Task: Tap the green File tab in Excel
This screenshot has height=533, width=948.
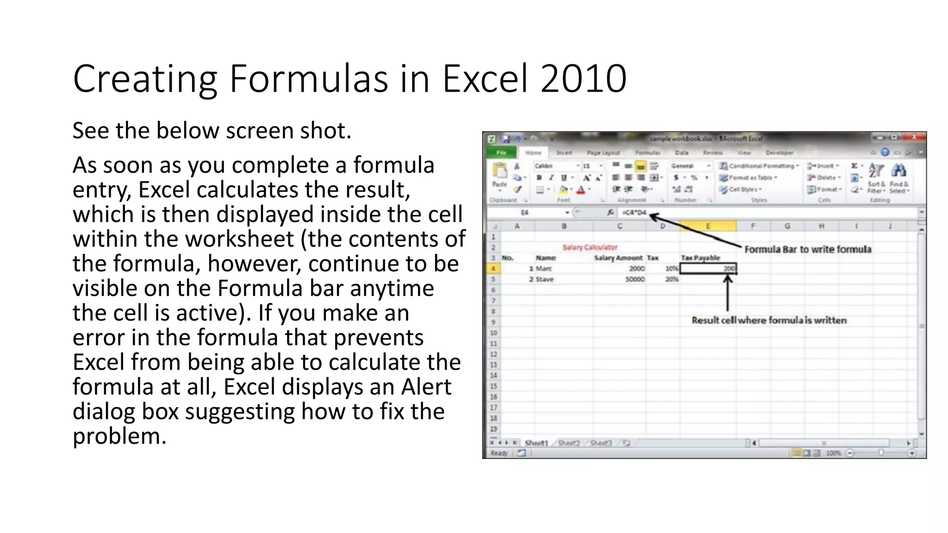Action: click(x=501, y=153)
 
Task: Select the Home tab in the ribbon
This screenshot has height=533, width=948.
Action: click(x=533, y=153)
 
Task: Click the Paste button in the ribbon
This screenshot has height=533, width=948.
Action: click(x=499, y=176)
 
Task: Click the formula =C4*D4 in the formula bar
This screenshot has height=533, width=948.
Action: click(x=634, y=212)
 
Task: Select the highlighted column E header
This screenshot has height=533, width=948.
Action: click(x=708, y=226)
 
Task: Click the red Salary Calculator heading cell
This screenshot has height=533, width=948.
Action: click(x=590, y=248)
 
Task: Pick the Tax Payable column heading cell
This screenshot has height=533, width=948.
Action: click(x=700, y=258)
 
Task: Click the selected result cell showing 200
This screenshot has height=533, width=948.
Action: click(x=708, y=268)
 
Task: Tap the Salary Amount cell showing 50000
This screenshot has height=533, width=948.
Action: click(x=635, y=279)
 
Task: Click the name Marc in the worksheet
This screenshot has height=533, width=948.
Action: click(x=544, y=268)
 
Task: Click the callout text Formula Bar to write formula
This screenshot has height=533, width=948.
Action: click(x=808, y=249)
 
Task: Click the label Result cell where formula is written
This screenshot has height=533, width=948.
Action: click(x=769, y=320)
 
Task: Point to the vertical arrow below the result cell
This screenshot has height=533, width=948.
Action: click(x=728, y=294)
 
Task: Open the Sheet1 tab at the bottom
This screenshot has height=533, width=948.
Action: click(x=536, y=443)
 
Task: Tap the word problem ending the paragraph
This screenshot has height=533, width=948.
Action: click(x=119, y=436)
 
